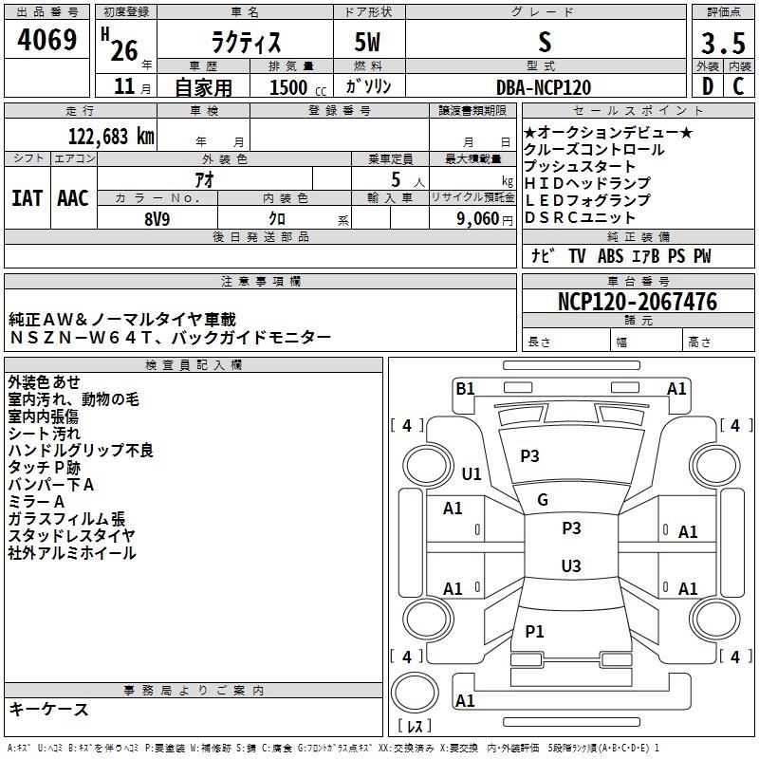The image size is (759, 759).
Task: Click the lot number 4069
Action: [46, 39]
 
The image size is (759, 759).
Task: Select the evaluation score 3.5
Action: [723, 43]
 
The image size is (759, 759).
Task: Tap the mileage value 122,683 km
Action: [111, 137]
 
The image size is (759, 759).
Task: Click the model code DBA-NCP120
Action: [544, 87]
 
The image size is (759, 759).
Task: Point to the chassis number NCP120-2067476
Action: [638, 301]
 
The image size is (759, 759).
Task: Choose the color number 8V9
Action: [157, 219]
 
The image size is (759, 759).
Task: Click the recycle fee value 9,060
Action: [478, 219]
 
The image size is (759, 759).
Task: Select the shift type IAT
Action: [27, 198]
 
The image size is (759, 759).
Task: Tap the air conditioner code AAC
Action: [73, 198]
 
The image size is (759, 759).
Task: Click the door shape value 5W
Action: [367, 42]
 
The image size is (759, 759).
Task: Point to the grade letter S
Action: [545, 42]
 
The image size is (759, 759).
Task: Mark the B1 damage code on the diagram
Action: [465, 389]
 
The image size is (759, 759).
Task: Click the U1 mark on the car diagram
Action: [472, 473]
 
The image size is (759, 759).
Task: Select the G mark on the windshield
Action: [543, 500]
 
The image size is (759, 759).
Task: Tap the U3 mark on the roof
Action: [571, 565]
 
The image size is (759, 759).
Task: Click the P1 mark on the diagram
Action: [534, 631]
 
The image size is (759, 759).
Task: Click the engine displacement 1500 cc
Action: [298, 87]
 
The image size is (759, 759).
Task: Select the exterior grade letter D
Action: [708, 86]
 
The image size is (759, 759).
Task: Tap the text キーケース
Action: [48, 709]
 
